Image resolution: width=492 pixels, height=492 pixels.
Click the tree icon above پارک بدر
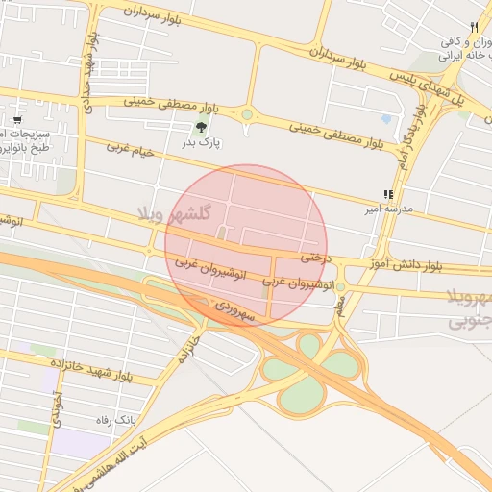(201, 127)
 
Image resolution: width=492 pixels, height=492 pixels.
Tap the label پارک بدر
(202, 143)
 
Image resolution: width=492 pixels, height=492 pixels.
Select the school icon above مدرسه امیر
(388, 194)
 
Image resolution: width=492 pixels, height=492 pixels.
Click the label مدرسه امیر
(387, 209)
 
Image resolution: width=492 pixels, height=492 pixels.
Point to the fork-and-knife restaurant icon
(474, 27)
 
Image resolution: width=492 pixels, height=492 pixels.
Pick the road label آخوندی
(59, 407)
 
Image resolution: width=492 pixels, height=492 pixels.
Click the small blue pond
(386, 120)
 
